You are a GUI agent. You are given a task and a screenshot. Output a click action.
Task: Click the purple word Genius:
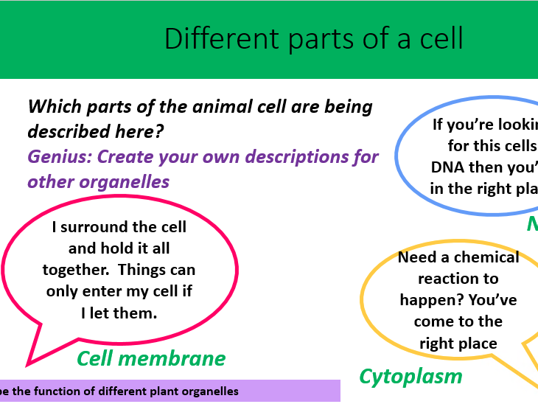click(60, 157)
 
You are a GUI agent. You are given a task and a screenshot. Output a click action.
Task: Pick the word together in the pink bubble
click(77, 270)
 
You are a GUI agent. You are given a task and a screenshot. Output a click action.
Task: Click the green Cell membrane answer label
click(151, 359)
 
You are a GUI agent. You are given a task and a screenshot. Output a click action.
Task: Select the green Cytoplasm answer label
click(411, 377)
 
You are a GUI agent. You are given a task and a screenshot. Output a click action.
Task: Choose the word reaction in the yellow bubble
click(458, 279)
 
